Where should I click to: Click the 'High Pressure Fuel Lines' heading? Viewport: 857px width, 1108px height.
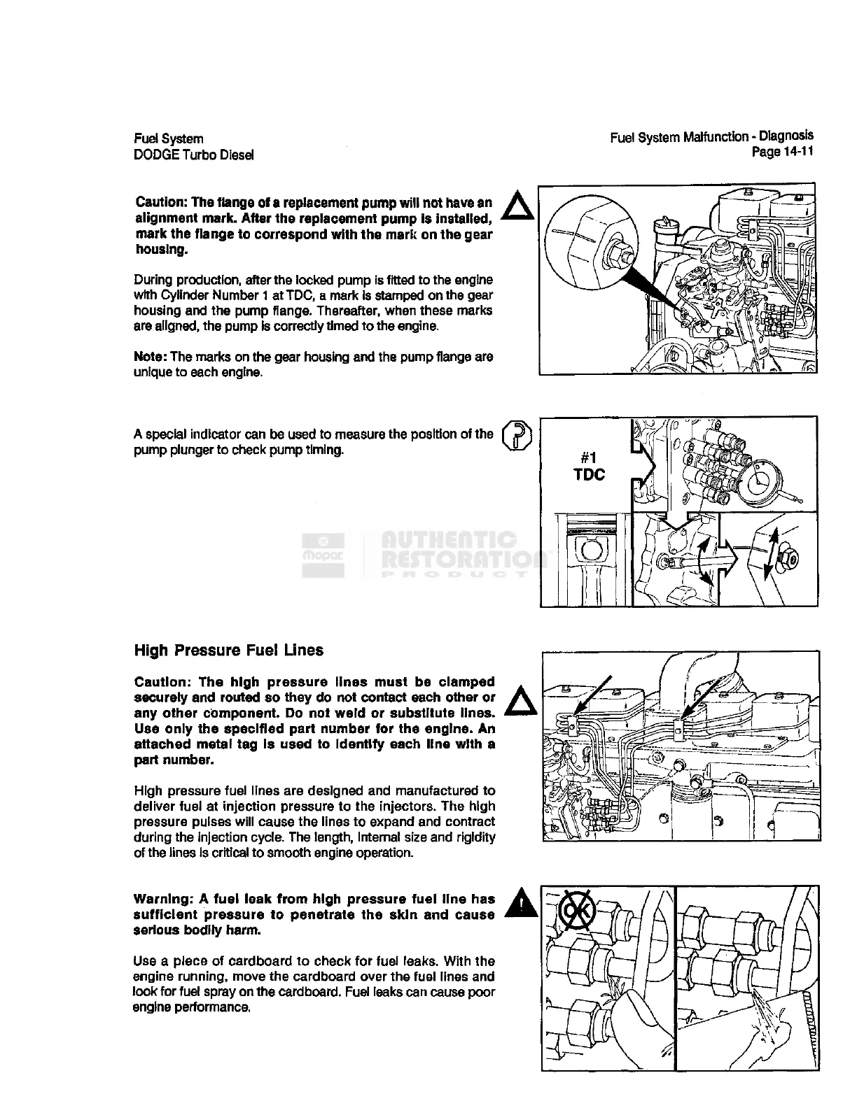[228, 651]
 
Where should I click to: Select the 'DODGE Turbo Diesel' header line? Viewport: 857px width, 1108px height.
[193, 155]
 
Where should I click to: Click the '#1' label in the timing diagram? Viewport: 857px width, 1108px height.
[588, 457]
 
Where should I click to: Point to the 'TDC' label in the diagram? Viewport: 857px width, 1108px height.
[589, 475]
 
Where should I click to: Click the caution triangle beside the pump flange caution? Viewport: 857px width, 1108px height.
[520, 206]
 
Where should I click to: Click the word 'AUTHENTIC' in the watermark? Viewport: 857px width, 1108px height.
[448, 540]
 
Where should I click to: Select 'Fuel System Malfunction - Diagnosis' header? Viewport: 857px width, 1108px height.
[711, 136]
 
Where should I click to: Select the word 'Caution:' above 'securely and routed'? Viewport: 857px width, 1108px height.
[162, 682]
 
